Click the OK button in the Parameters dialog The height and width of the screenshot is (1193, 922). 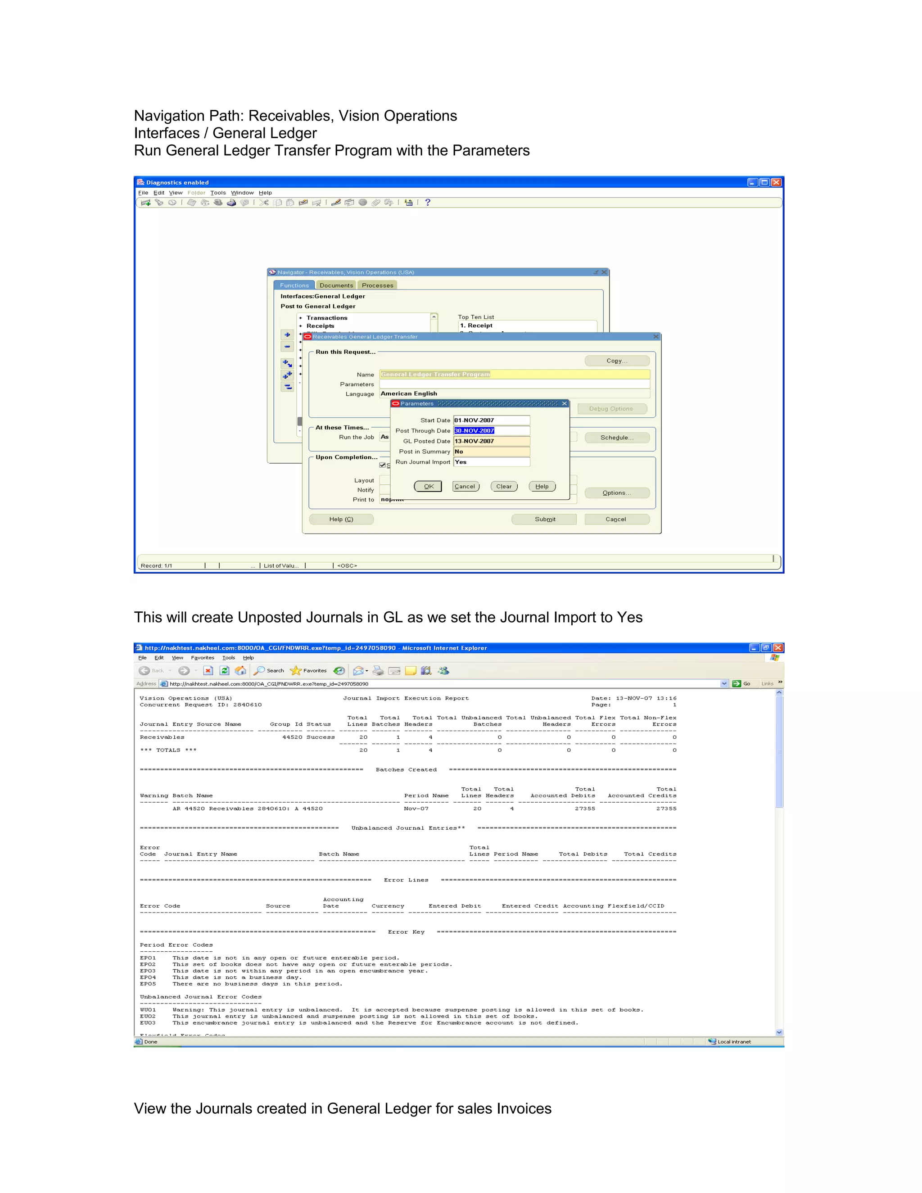(428, 486)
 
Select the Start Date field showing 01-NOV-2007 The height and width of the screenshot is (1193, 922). (491, 420)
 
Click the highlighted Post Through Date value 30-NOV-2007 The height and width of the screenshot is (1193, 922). (474, 430)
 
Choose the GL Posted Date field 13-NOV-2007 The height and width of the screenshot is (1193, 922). (491, 441)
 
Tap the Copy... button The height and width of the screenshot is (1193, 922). (617, 361)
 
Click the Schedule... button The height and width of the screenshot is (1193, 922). (617, 438)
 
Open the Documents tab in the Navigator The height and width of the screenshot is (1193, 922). (336, 285)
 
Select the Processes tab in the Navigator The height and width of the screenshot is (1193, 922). (377, 285)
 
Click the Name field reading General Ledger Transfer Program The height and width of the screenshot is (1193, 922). (514, 374)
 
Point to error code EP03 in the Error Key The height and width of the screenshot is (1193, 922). (148, 971)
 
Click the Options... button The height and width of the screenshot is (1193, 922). (617, 493)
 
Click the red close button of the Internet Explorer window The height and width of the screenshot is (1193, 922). (778, 648)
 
